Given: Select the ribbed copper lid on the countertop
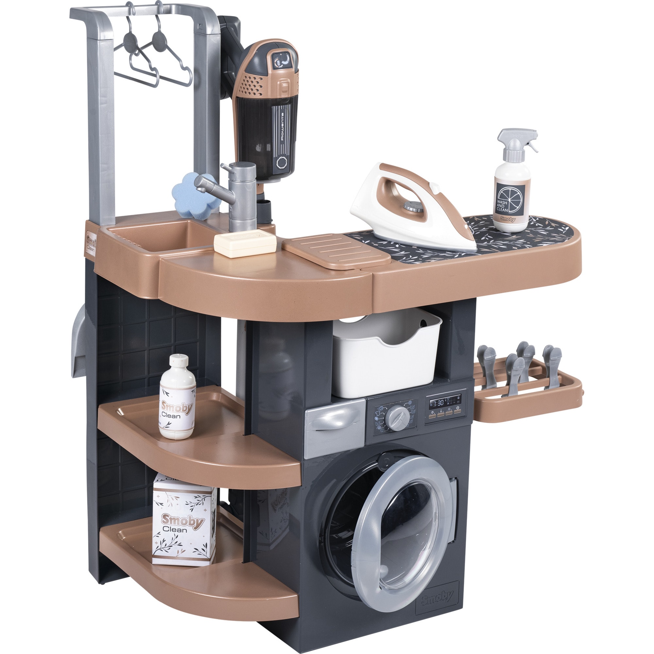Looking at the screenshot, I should (x=336, y=251).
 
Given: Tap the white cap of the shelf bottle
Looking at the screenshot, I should (x=179, y=361).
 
